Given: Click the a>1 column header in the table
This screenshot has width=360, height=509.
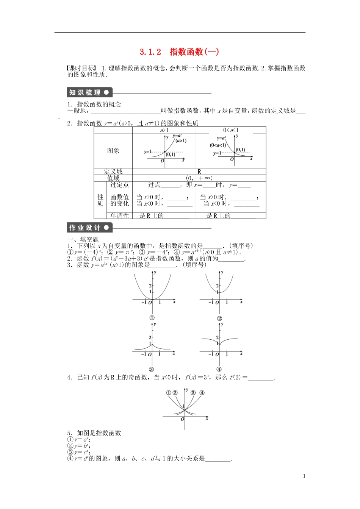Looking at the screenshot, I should tap(164, 130).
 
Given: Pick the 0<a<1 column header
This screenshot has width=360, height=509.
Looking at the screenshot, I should tap(231, 130).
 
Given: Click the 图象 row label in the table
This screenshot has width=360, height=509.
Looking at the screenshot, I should tap(113, 151).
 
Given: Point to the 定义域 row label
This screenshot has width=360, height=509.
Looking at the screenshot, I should tap(113, 172).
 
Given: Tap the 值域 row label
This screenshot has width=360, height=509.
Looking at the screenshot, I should tap(113, 178).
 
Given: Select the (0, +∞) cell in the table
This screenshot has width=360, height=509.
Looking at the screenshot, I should tap(199, 178).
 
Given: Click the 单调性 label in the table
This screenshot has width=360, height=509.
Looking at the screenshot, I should tap(119, 215).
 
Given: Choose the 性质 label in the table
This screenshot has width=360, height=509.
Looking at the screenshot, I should tap(100, 200).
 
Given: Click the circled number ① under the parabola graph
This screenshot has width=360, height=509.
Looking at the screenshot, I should tap(152, 318).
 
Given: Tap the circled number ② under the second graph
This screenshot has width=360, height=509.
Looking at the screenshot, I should tap(219, 319).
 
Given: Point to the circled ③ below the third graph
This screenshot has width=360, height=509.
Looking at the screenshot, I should tap(151, 369).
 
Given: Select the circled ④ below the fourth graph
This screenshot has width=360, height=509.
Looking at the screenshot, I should tap(219, 369).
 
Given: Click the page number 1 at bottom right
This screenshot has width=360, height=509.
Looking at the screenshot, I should tap(304, 476).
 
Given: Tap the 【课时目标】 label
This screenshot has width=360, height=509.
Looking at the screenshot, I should tap(82, 68).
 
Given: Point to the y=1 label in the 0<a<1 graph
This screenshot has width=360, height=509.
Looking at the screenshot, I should tap(217, 153).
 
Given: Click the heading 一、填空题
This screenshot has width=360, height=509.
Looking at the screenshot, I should tap(83, 239).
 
